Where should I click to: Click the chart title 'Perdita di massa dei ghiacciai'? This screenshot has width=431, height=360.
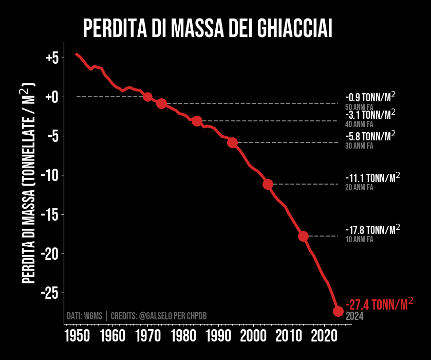pyautogui.click(x=208, y=28)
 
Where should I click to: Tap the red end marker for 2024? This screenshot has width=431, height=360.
pyautogui.click(x=338, y=311)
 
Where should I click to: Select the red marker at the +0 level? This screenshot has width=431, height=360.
pyautogui.click(x=147, y=97)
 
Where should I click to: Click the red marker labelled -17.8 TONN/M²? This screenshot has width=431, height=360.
pyautogui.click(x=303, y=236)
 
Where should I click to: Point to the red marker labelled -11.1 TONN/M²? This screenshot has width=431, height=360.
pyautogui.click(x=268, y=184)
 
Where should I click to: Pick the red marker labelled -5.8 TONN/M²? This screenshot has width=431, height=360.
pyautogui.click(x=232, y=142)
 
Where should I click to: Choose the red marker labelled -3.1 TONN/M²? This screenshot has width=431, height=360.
pyautogui.click(x=197, y=121)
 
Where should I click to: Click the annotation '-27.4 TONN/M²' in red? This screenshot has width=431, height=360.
pyautogui.click(x=379, y=304)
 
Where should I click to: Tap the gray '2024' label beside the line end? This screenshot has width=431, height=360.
pyautogui.click(x=354, y=316)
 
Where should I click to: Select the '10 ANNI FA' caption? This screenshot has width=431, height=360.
pyautogui.click(x=359, y=240)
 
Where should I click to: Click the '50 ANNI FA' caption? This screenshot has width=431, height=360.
pyautogui.click(x=359, y=107)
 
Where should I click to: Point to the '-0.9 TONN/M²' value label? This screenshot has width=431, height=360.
pyautogui.click(x=370, y=97)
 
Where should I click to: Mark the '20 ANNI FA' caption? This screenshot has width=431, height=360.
pyautogui.click(x=359, y=188)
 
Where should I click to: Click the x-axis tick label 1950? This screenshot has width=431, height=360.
pyautogui.click(x=77, y=337)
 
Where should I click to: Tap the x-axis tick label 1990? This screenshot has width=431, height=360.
pyautogui.click(x=218, y=337)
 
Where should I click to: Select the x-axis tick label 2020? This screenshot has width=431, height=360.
pyautogui.click(x=324, y=337)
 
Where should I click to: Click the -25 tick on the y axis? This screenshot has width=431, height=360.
pyautogui.click(x=51, y=293)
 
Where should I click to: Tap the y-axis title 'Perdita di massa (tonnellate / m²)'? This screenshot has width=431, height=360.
pyautogui.click(x=30, y=183)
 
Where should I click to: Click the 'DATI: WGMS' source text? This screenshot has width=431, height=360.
pyautogui.click(x=85, y=316)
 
